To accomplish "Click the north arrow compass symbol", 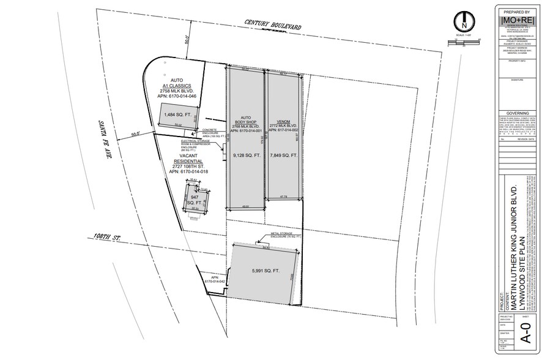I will click(x=464, y=22).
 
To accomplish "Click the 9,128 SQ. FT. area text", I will click(x=245, y=156).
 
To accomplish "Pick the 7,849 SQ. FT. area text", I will click(x=283, y=156).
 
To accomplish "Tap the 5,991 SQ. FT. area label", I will click(x=264, y=271).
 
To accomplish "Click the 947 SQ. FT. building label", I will click(x=196, y=197).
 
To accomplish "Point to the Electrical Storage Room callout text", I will click(x=195, y=143).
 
